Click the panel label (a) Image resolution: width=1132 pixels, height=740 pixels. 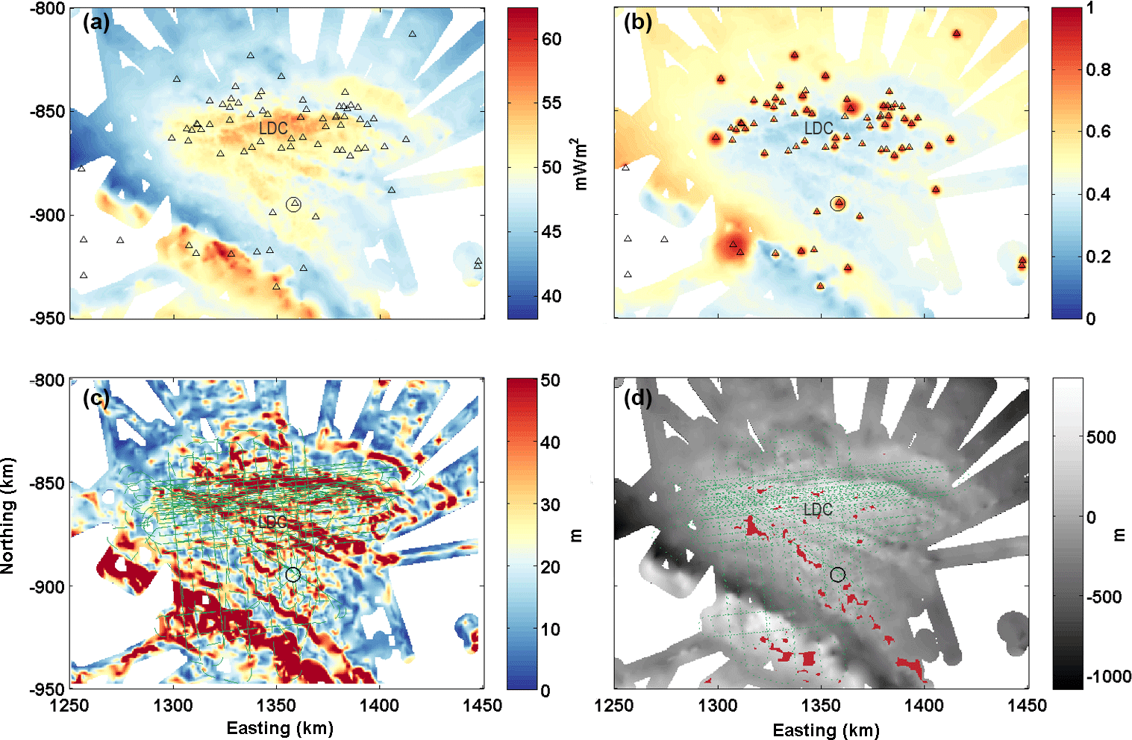(96, 22)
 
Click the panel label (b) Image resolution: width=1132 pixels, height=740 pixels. (638, 22)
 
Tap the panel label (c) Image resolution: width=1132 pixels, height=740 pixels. (96, 398)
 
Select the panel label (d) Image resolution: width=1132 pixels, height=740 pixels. (638, 398)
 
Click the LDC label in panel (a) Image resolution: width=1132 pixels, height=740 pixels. (273, 128)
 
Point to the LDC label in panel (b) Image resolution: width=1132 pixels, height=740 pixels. (819, 128)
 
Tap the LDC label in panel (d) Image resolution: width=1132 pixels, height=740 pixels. (818, 509)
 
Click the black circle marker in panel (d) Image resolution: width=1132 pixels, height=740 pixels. (838, 574)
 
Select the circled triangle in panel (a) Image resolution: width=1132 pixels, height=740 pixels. (293, 204)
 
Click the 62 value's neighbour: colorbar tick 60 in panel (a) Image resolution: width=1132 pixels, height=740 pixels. (551, 39)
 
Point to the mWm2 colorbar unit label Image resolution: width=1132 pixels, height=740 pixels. (581, 164)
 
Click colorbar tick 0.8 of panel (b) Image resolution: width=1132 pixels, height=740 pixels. (1098, 69)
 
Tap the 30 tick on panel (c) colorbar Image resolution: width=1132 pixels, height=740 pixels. (551, 504)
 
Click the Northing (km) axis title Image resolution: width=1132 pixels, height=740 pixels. (8, 515)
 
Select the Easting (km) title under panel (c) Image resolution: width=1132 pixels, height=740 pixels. (280, 728)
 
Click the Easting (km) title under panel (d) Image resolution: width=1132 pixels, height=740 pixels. (825, 730)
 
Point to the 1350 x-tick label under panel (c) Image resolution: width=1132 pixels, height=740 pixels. (276, 705)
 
